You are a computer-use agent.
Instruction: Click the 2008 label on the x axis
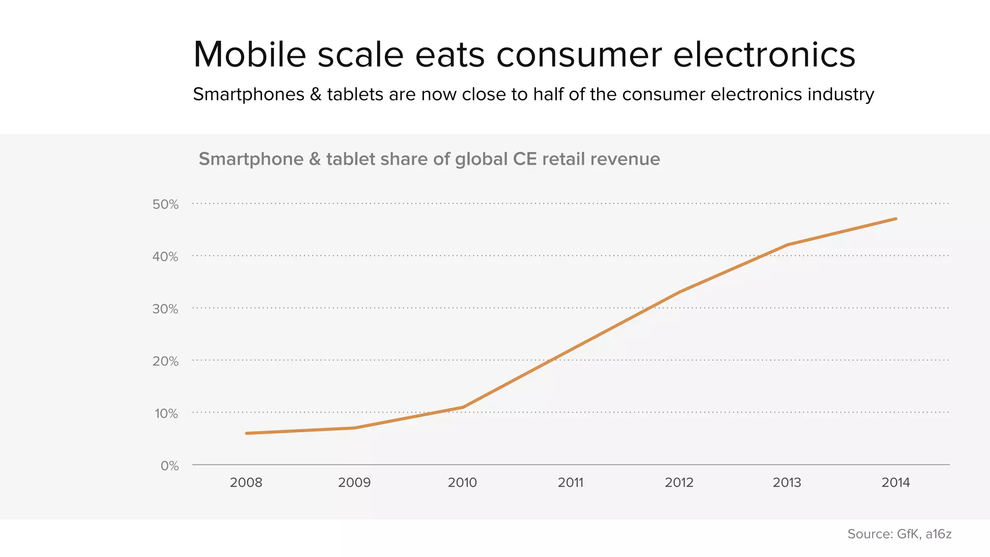pyautogui.click(x=246, y=483)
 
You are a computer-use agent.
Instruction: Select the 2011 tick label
pyautogui.click(x=570, y=483)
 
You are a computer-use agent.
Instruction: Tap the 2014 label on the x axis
pyautogui.click(x=896, y=483)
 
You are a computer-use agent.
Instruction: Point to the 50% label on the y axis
pyautogui.click(x=165, y=205)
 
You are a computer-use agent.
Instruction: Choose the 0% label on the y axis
pyautogui.click(x=170, y=466)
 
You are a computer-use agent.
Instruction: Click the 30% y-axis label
pyautogui.click(x=165, y=309)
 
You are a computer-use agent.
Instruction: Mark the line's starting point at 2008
pyautogui.click(x=247, y=433)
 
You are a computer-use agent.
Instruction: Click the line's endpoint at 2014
pyautogui.click(x=896, y=219)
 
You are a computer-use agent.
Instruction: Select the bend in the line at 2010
pyautogui.click(x=463, y=407)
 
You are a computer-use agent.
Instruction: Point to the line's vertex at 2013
pyautogui.click(x=787, y=245)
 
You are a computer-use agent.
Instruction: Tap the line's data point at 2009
pyautogui.click(x=355, y=428)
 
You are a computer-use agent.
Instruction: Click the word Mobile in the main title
pyautogui.click(x=249, y=55)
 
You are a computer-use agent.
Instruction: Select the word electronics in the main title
pyautogui.click(x=764, y=55)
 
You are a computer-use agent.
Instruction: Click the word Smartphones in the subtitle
pyautogui.click(x=248, y=94)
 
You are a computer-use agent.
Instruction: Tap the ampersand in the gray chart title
pyautogui.click(x=315, y=159)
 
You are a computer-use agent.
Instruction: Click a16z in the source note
pyautogui.click(x=938, y=534)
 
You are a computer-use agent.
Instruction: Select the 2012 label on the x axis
pyautogui.click(x=679, y=483)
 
